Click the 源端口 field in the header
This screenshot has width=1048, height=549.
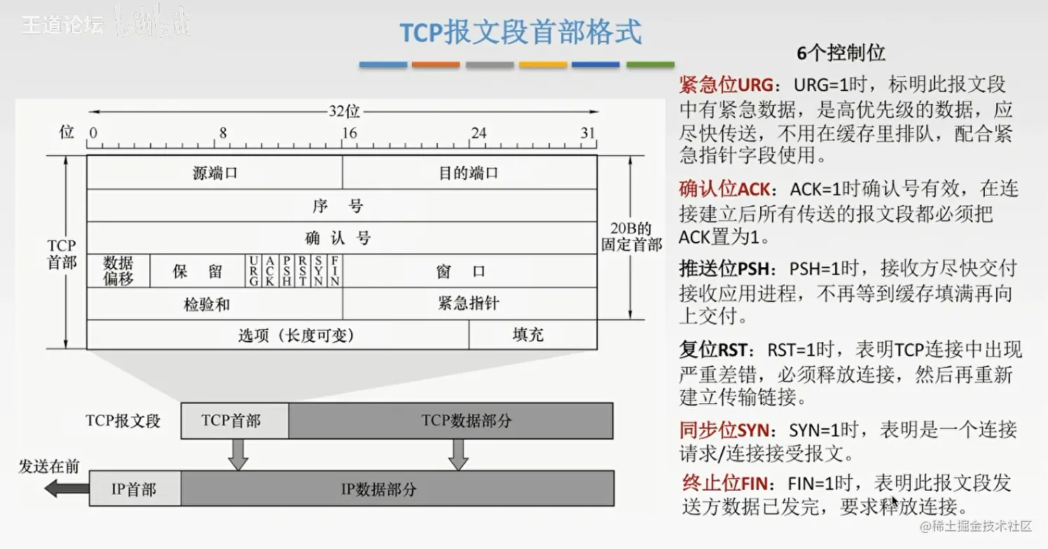click(214, 172)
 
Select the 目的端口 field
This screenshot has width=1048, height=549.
click(469, 172)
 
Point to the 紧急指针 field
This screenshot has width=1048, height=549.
click(468, 304)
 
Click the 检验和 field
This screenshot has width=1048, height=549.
click(207, 304)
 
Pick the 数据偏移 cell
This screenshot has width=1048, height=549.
click(118, 271)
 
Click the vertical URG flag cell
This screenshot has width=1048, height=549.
click(253, 271)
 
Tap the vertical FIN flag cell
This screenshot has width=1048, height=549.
click(335, 271)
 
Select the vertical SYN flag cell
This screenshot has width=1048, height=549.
click(319, 271)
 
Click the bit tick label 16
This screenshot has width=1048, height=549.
click(349, 133)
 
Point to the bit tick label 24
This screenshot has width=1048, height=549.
click(478, 133)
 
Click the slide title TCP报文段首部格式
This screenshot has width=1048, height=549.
click(520, 32)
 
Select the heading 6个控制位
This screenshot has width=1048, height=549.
click(841, 53)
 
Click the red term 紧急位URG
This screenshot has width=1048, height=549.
click(726, 86)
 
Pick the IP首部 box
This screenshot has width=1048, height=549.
click(135, 489)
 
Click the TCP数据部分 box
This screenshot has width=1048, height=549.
click(466, 421)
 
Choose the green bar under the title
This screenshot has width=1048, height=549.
click(650, 65)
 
